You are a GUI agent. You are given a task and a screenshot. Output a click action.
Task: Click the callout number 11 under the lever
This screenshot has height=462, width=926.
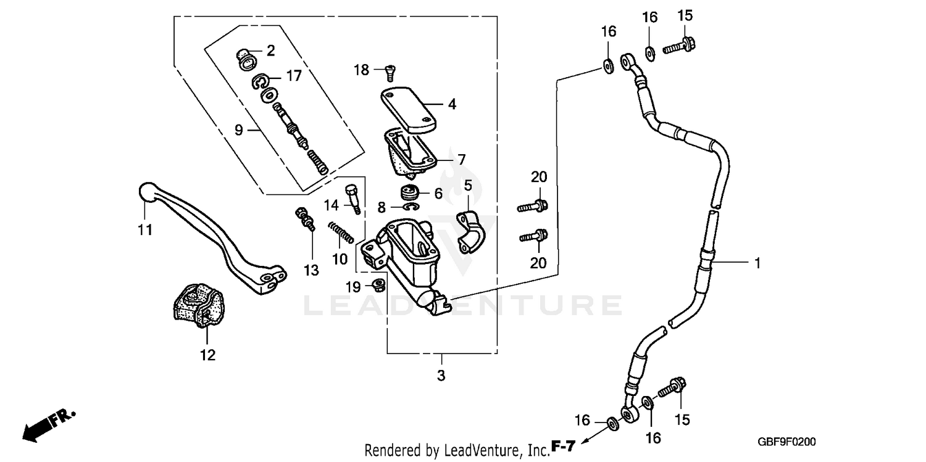[x=144, y=230]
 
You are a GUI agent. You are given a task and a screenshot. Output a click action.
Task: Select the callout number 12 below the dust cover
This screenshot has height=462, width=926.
[x=207, y=355]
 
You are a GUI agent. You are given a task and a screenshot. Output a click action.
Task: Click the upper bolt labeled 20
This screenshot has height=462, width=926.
[x=533, y=206]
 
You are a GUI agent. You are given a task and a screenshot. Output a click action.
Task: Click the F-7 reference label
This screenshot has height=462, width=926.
[x=564, y=445]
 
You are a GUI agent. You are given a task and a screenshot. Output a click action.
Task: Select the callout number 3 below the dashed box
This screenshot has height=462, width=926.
[x=441, y=375]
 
